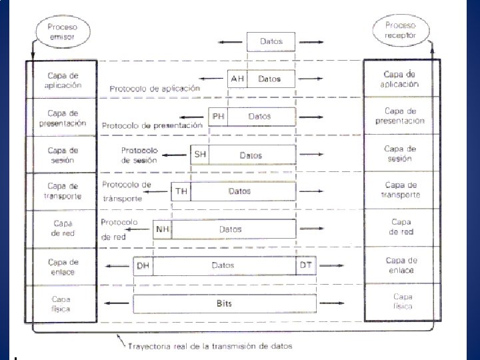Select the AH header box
pyautogui.click(x=237, y=79)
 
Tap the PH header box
pyautogui.click(x=217, y=116)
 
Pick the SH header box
pyautogui.click(x=199, y=155)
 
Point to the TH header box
pyautogui.click(x=181, y=192)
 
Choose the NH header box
pyautogui.click(x=162, y=229)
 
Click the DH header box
pyautogui.click(x=142, y=265)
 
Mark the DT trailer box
pyautogui.click(x=306, y=265)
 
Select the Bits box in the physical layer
pyautogui.click(x=223, y=303)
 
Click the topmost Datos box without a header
pyautogui.click(x=271, y=41)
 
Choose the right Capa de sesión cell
pyautogui.click(x=400, y=153)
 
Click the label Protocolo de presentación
pyautogui.click(x=152, y=125)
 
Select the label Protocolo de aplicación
pyautogui.click(x=155, y=88)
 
